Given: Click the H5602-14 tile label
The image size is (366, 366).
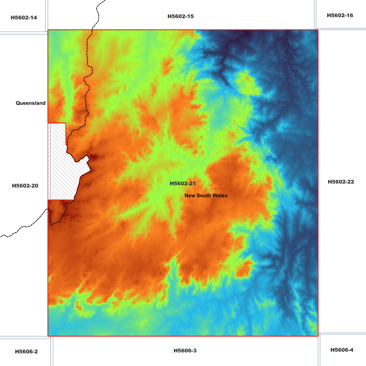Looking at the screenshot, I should point(24,18).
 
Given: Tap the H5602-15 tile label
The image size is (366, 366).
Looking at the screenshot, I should point(181,16).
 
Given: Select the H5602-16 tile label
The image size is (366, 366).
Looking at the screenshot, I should point(340,15).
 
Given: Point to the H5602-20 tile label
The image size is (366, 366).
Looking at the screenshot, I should point(25,186).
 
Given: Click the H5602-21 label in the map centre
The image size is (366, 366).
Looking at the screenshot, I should point(183,184).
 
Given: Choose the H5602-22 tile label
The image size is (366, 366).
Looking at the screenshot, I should point(341,182).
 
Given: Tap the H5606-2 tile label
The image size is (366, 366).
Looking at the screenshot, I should point(26,352).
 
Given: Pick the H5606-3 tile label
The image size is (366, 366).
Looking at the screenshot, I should point(185,351).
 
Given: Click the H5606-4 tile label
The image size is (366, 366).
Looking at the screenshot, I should point(342,350).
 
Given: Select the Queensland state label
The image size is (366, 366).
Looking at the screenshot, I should point(31,103).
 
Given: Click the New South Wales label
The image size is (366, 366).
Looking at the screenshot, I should point(206,196).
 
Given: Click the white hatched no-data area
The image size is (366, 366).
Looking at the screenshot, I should point(62,172).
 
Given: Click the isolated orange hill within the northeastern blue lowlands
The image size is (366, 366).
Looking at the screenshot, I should point(247,81).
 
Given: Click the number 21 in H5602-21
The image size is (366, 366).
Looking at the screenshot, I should point(192,184).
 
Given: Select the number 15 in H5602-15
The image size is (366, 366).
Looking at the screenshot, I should point(190,16).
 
